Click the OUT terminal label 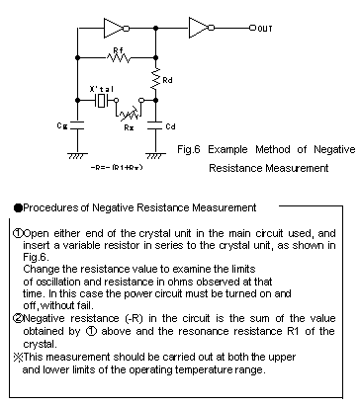[265, 29]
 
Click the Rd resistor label [167, 79]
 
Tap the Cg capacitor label [63, 126]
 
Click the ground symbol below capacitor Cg [75, 154]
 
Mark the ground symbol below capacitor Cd [154, 154]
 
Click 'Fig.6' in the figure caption [202, 149]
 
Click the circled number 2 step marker [18, 319]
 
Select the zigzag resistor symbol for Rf [118, 57]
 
